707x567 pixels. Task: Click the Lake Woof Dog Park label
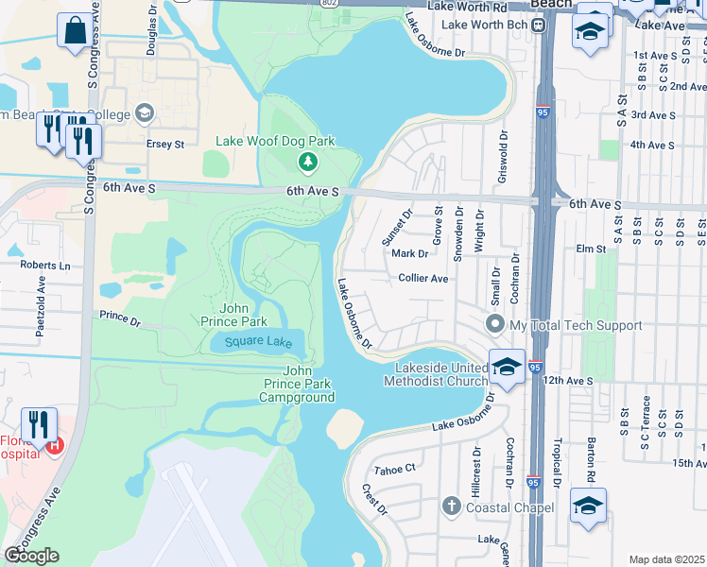pos(275,141)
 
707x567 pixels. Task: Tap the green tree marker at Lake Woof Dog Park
pos(307,163)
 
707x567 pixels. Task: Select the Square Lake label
pos(252,341)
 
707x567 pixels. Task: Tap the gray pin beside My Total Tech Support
pos(493,325)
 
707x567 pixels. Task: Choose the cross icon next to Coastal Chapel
pos(452,507)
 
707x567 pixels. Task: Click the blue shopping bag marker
pos(74,29)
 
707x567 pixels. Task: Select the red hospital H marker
pos(55,445)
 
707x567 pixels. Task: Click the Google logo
pos(31,556)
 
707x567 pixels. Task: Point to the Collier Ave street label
pos(422,279)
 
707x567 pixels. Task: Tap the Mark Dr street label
pos(409,253)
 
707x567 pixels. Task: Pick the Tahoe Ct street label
pos(395,469)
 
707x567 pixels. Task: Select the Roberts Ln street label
pos(45,266)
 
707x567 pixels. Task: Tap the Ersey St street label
pos(164,145)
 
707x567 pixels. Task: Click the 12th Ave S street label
pos(566,380)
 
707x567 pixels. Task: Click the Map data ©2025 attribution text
pos(666,559)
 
